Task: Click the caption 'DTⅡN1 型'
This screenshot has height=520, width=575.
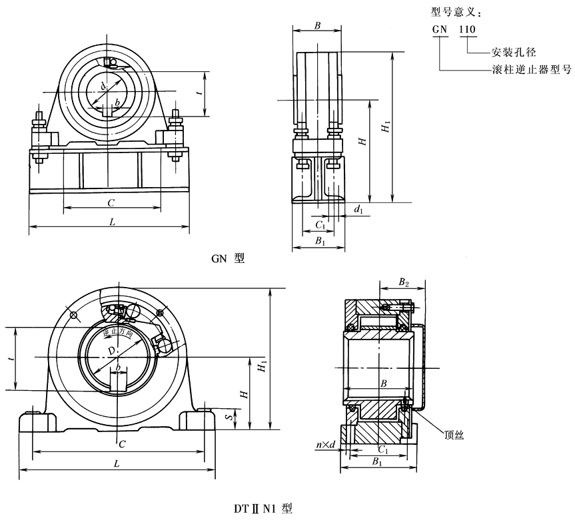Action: [262, 509]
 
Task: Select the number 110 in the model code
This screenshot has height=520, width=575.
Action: [468, 30]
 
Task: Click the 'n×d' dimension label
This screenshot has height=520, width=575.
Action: [326, 444]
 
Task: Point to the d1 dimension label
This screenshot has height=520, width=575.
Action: [358, 210]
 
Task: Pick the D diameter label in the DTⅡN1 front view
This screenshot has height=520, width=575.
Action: [111, 350]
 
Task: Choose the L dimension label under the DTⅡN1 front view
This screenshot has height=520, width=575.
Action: [117, 463]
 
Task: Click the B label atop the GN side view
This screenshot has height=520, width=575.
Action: [318, 26]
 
